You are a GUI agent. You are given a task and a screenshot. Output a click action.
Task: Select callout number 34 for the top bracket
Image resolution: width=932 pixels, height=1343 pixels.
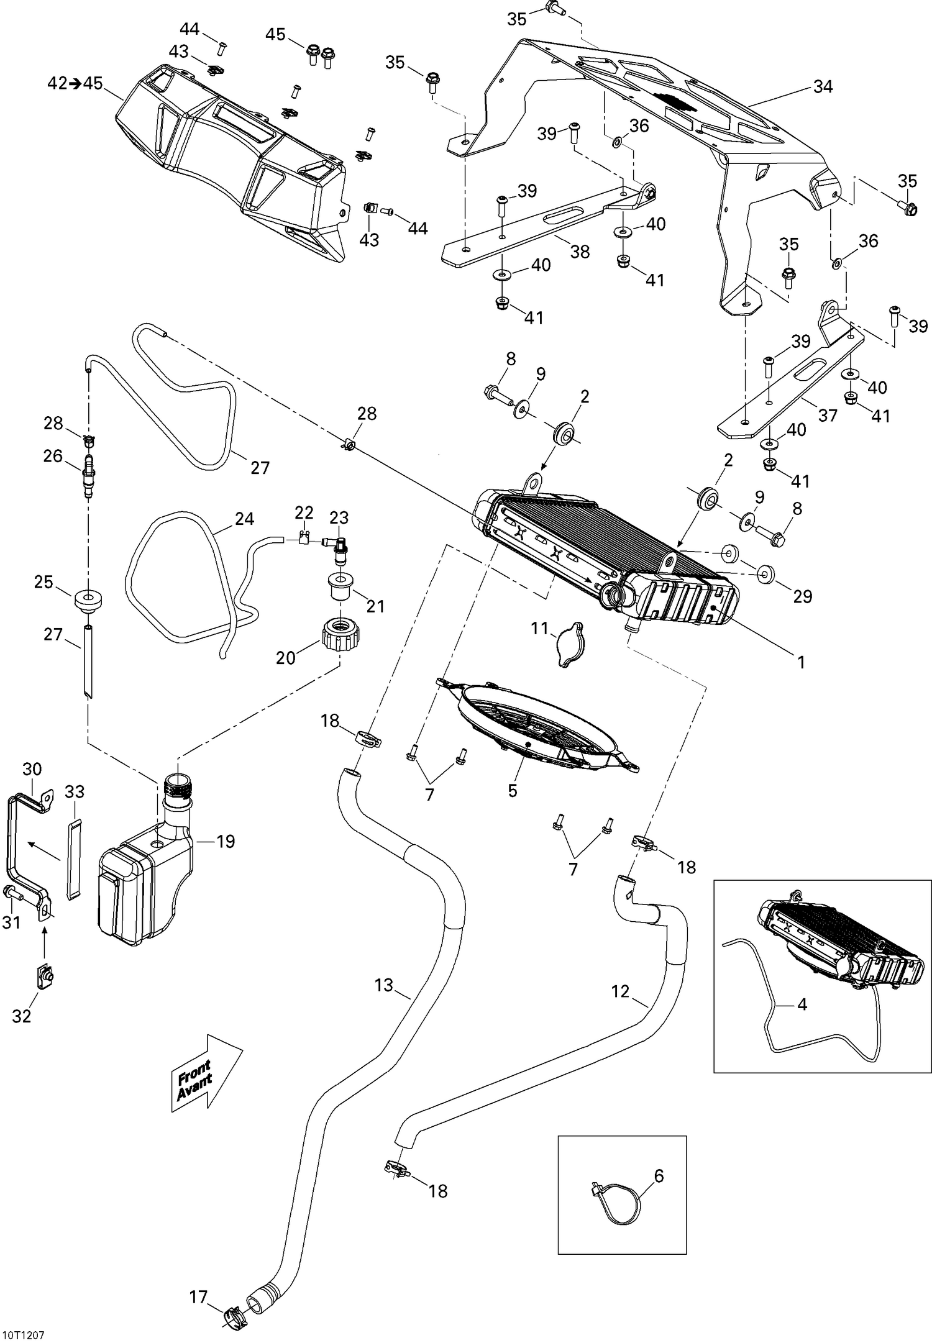(x=823, y=87)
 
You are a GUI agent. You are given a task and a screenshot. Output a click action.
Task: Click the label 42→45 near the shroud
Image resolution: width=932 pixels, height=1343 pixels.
(x=75, y=83)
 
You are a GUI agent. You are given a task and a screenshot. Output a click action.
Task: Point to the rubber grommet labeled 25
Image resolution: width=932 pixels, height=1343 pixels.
(x=87, y=601)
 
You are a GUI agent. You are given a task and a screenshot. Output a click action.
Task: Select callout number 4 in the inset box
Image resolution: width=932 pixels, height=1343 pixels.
(x=802, y=1004)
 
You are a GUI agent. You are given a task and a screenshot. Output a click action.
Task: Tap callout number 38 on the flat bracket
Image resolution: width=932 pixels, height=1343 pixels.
(x=580, y=252)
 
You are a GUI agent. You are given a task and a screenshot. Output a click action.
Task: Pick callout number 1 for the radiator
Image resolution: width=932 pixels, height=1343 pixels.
(x=801, y=663)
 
